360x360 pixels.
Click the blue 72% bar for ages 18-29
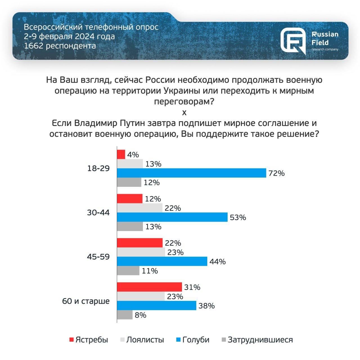191,173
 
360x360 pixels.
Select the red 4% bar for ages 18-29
121,154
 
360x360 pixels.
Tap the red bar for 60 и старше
149,287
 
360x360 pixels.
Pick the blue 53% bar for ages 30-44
172,217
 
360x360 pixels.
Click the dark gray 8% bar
125,315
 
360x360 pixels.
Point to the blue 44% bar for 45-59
162,261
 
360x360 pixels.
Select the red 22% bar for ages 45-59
139,243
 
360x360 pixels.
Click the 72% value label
276,173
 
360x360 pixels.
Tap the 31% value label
192,287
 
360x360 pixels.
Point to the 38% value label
206,306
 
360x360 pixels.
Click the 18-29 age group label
98,168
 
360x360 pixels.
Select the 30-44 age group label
98,213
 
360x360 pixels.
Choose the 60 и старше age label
86,301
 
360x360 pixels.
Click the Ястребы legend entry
89,340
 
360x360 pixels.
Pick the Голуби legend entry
193,340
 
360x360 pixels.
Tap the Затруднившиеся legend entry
257,340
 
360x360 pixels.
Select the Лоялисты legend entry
142,340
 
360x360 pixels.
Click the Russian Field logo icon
293,41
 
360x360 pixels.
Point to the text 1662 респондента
60,46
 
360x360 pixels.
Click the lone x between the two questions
184,112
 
